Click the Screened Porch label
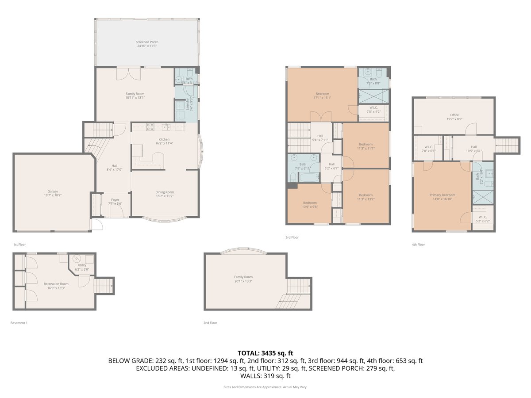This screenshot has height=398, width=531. (x=146, y=42)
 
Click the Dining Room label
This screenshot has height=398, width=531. (x=164, y=192)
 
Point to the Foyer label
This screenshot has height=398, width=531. (x=115, y=200)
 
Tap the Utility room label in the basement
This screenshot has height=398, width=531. (x=82, y=265)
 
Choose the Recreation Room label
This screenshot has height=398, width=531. (x=56, y=284)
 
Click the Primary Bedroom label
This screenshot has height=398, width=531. (x=442, y=195)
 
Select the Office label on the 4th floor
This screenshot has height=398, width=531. (x=454, y=115)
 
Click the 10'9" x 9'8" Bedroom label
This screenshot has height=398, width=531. (x=310, y=203)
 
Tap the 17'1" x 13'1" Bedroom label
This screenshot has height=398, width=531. (x=322, y=94)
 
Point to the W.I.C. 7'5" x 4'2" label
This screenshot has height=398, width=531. (x=373, y=108)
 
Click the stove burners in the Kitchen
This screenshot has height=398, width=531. (x=150, y=127)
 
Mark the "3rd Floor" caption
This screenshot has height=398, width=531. (x=292, y=237)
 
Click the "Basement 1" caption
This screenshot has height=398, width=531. (x=19, y=323)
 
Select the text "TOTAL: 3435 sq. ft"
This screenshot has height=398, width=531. (x=265, y=353)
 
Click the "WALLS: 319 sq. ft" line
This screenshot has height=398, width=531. (x=265, y=376)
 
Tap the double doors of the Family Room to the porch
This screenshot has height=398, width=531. (x=129, y=73)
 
